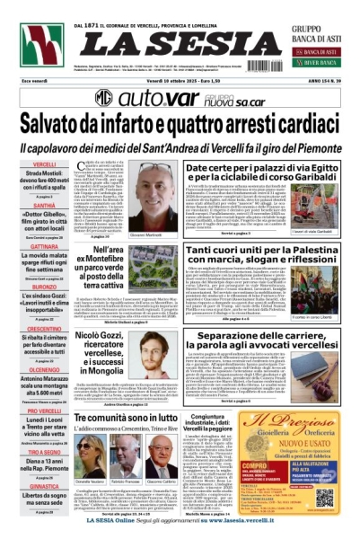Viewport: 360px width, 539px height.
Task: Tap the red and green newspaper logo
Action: (41, 46)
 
